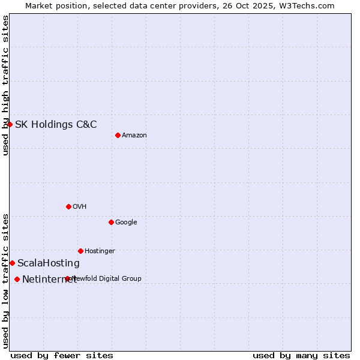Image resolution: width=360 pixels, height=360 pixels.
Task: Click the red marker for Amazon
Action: point(118,135)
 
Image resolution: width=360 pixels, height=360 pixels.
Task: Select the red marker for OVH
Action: point(68,206)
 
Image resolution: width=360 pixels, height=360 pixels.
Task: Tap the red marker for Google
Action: point(111,222)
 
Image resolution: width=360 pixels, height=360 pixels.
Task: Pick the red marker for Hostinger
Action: point(80,251)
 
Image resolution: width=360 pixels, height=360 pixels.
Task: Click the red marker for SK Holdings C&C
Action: point(10,124)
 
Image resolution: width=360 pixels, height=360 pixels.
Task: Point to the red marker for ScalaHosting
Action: point(12,263)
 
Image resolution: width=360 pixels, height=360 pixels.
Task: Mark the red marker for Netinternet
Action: point(17,279)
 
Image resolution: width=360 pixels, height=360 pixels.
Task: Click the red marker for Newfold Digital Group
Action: point(67,278)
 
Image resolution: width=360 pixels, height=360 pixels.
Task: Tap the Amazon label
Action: point(134,136)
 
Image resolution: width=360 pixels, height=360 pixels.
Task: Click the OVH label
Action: point(80,207)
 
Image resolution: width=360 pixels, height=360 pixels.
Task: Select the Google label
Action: point(126,223)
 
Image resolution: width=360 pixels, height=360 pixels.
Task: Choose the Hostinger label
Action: point(100,251)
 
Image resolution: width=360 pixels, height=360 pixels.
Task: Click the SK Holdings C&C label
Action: point(56,125)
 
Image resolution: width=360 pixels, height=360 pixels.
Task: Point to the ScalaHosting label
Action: point(49,263)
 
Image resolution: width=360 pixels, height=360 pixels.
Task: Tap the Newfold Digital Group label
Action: point(107,278)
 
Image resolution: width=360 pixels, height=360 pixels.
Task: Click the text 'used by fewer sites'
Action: point(62,355)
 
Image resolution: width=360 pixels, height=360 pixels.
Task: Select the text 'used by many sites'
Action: point(301,355)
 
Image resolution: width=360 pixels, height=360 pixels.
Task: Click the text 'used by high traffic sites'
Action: point(5,85)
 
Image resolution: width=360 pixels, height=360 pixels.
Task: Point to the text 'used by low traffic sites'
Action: point(5,281)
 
